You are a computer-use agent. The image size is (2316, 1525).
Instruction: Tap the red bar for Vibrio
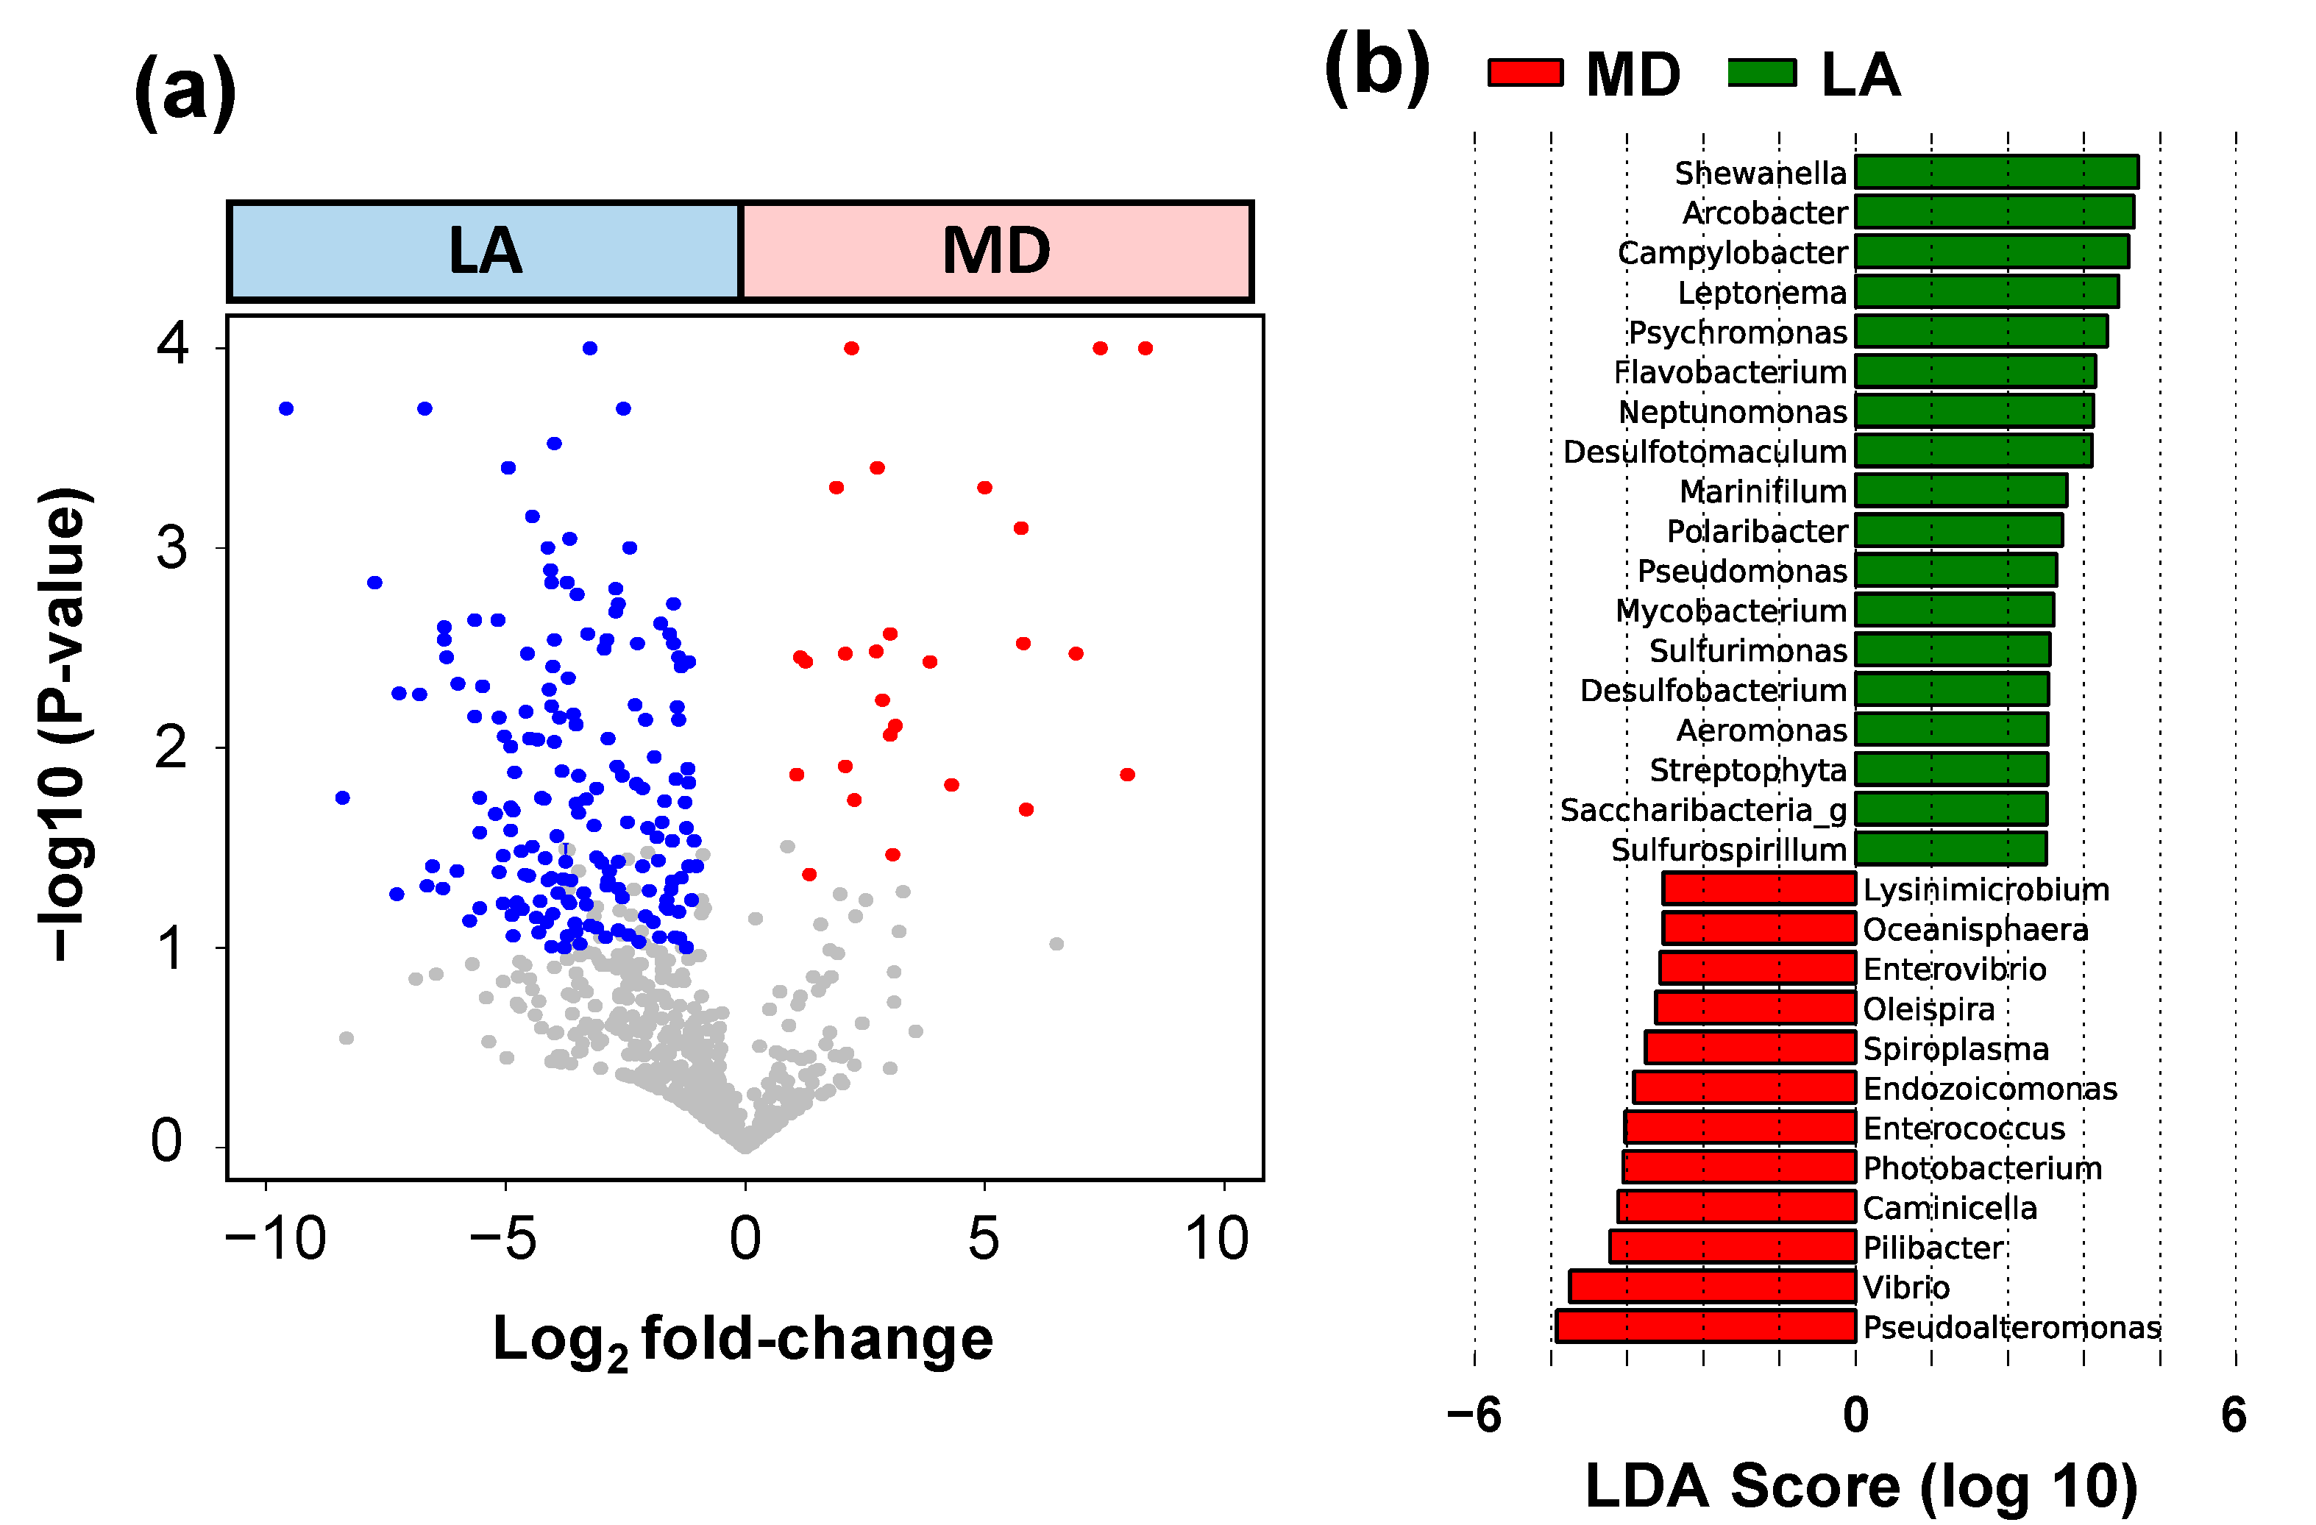click(1712, 1287)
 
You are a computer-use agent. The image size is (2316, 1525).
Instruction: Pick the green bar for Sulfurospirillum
click(1950, 849)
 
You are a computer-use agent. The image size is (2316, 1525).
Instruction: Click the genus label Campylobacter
click(1731, 253)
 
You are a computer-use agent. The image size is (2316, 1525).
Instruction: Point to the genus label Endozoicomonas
click(1989, 1088)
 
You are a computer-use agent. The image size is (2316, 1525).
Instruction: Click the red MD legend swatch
click(1525, 73)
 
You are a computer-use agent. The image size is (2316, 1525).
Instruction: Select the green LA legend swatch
click(1761, 73)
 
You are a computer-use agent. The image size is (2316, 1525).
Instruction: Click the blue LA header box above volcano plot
click(485, 251)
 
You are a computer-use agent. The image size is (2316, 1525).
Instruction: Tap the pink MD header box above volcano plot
click(995, 251)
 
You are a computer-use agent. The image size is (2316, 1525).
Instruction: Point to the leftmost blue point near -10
click(286, 409)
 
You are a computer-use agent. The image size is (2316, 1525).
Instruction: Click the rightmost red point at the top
click(1145, 349)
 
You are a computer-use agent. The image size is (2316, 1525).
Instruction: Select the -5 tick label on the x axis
click(503, 1240)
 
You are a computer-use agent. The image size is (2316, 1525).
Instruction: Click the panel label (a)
click(185, 93)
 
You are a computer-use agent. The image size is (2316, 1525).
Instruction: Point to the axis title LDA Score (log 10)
click(1860, 1486)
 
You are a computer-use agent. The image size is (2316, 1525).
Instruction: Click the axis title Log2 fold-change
click(742, 1340)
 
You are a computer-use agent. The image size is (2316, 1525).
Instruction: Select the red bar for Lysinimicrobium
click(1758, 889)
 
